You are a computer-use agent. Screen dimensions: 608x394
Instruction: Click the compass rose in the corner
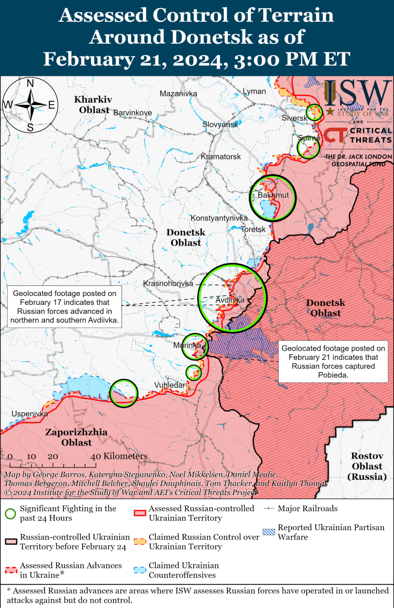coord(30,105)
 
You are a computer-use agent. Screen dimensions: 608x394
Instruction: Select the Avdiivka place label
coord(230,300)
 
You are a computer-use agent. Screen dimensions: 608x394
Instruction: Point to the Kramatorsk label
coord(220,156)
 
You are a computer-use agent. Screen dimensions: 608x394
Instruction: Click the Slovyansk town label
coord(220,124)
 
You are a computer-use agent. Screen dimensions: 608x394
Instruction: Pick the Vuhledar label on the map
coord(169,385)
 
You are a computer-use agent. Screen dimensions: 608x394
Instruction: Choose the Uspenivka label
coord(29,414)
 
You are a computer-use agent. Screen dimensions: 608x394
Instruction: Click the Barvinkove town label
coord(132,113)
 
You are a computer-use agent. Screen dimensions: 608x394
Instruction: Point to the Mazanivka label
coord(178,94)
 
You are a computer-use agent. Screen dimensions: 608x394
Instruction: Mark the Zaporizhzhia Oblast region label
coord(76,437)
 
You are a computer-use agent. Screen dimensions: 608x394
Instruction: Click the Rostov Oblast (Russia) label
coord(367,465)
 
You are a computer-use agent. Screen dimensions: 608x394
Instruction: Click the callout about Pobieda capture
coord(332,361)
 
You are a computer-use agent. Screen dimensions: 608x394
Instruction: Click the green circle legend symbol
coord(10,513)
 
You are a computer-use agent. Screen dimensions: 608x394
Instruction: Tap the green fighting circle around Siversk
coord(314,113)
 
